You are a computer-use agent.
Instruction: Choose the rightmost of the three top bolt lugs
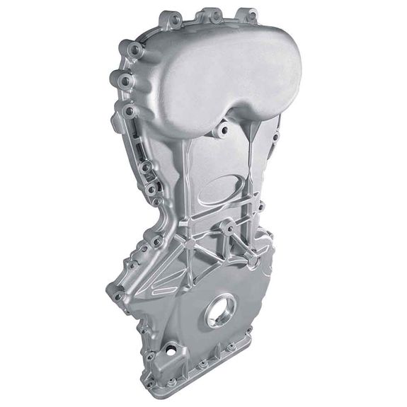pyautogui.click(x=249, y=14)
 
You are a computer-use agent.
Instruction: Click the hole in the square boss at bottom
pyautogui.click(x=171, y=348)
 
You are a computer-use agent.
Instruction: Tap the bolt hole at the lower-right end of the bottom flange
pyautogui.click(x=231, y=348)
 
